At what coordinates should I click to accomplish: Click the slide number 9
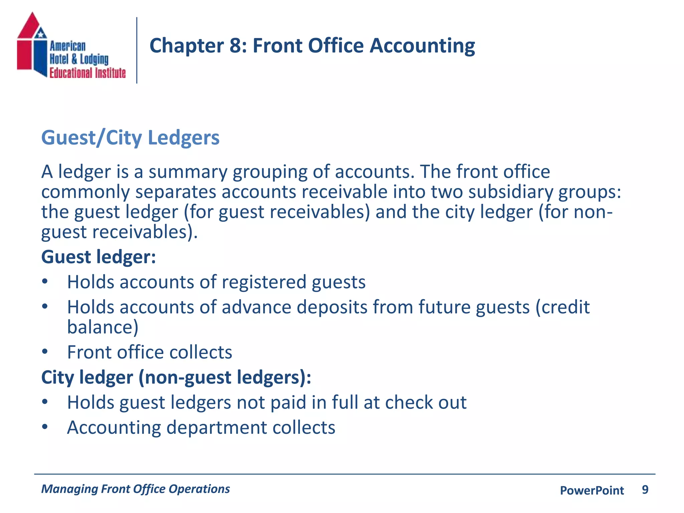tap(645, 490)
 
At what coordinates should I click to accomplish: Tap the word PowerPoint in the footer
tap(592, 490)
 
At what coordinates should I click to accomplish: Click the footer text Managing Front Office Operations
tap(136, 489)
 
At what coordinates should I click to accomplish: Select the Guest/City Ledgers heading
tap(130, 138)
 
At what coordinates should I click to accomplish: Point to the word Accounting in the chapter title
tap(422, 46)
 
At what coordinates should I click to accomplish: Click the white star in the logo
tap(41, 34)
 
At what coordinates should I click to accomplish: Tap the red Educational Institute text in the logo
tap(88, 73)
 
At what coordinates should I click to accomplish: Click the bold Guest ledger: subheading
tap(99, 257)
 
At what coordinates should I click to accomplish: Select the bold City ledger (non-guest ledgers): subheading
tap(176, 377)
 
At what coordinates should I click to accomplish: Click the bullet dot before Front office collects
tap(45, 352)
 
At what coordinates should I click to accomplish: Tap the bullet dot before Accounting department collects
tap(45, 427)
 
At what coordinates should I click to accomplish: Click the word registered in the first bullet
tap(264, 282)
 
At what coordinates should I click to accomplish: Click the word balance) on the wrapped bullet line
tap(103, 327)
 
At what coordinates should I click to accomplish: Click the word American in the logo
tap(68, 46)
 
